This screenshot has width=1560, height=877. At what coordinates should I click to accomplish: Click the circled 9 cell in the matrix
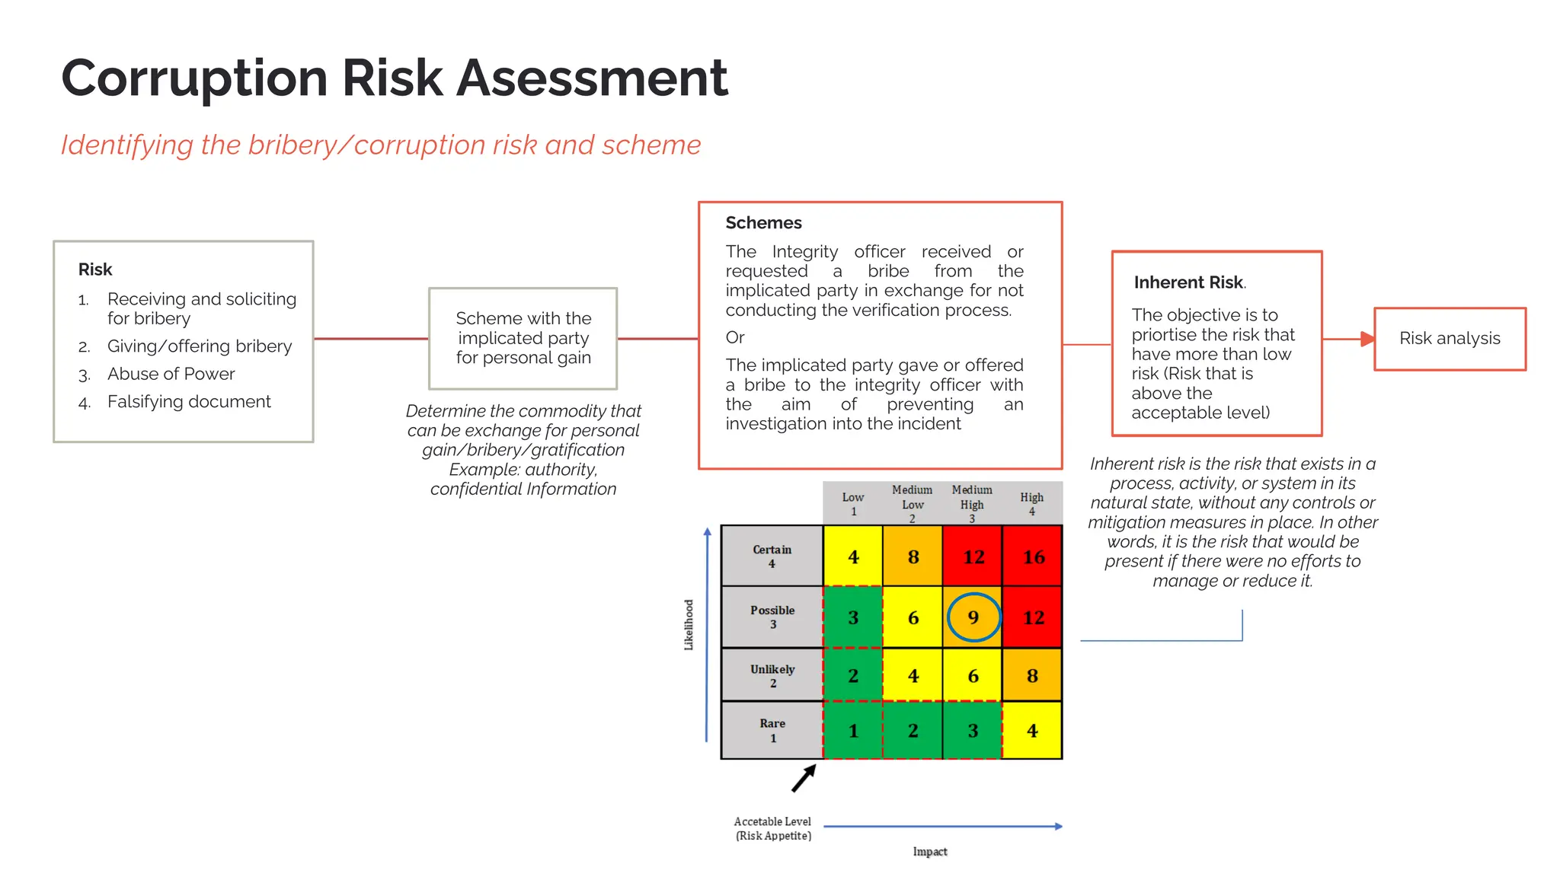[x=973, y=617]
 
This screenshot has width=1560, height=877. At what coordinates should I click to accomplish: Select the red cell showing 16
[x=1033, y=556]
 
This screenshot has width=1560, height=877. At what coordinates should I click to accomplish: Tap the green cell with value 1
[x=853, y=731]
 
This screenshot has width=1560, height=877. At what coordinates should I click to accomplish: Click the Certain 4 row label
[x=772, y=556]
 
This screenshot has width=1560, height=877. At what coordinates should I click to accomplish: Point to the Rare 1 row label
[x=772, y=730]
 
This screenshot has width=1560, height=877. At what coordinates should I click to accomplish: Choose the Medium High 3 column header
[x=972, y=503]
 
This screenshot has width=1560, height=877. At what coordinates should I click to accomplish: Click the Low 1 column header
[x=853, y=503]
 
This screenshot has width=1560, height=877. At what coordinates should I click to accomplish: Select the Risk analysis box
[x=1450, y=339]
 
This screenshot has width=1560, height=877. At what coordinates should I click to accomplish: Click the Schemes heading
[x=763, y=223]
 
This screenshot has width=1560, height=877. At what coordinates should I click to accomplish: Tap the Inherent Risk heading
[x=1188, y=282]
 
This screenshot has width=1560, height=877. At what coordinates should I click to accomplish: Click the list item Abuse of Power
[x=171, y=374]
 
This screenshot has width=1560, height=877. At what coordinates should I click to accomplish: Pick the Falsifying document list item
[x=189, y=401]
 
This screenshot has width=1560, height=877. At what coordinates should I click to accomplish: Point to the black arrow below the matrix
[x=804, y=779]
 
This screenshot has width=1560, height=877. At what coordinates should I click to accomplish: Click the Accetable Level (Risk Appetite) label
[x=772, y=828]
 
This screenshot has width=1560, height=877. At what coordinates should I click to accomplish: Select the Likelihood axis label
[x=689, y=624]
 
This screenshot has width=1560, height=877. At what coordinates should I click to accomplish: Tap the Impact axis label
[x=930, y=851]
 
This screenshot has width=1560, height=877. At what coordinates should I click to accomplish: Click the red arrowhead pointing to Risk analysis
[x=1368, y=339]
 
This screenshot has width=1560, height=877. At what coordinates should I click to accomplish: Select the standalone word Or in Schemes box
[x=735, y=337]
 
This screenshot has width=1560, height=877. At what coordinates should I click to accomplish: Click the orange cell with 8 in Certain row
[x=913, y=556]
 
